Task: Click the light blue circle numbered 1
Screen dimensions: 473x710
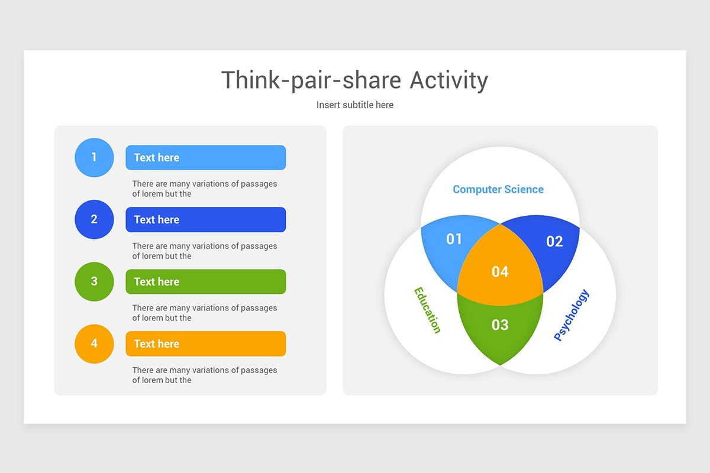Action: pyautogui.click(x=94, y=157)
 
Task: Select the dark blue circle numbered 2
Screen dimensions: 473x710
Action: pyautogui.click(x=94, y=219)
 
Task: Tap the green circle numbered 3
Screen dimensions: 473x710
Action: pyautogui.click(x=94, y=281)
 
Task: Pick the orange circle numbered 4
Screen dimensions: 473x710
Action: pyautogui.click(x=94, y=344)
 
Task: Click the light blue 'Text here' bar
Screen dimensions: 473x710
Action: pyautogui.click(x=205, y=157)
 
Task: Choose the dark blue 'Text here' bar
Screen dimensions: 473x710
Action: pyautogui.click(x=205, y=219)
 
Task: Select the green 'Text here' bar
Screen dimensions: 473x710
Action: pyautogui.click(x=205, y=281)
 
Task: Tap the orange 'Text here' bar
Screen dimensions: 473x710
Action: pyautogui.click(x=205, y=344)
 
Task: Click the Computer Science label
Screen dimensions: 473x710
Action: pyautogui.click(x=498, y=189)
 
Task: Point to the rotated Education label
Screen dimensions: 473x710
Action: pyautogui.click(x=427, y=310)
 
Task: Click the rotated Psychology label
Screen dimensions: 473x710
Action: pyautogui.click(x=572, y=315)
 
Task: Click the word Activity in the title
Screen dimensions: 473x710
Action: pyautogui.click(x=449, y=80)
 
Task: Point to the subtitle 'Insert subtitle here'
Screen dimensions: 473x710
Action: pyautogui.click(x=355, y=105)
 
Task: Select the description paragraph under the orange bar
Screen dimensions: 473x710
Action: pyautogui.click(x=204, y=375)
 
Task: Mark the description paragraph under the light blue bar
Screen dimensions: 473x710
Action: pyautogui.click(x=204, y=189)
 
